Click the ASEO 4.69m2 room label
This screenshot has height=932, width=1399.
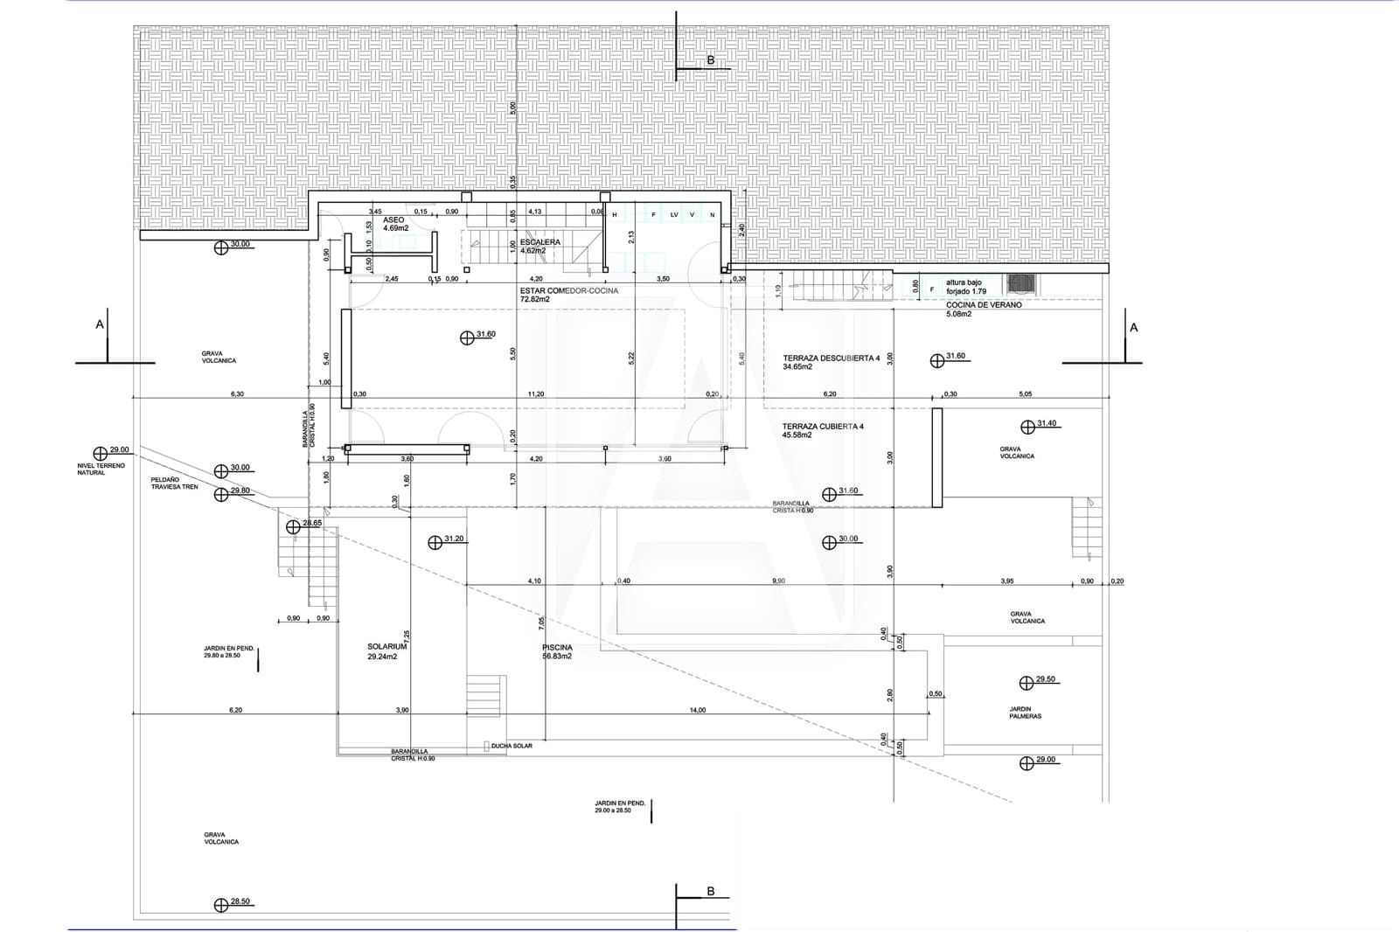pos(394,224)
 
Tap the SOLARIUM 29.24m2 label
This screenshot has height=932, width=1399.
pos(386,650)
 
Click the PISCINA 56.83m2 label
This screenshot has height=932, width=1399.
pos(557,651)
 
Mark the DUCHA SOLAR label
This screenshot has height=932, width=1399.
pos(512,746)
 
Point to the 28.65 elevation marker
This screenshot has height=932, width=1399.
pos(303,524)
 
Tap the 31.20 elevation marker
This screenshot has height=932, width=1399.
pos(445,540)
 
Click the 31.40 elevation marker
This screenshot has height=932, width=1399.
pos(1038,425)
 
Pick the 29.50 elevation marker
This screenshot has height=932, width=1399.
pos(1036,680)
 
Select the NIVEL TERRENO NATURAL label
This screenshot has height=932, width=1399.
pos(102,469)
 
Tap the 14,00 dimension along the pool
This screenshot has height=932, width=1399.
pos(697,710)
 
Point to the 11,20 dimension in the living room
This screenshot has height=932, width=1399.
pos(536,394)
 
